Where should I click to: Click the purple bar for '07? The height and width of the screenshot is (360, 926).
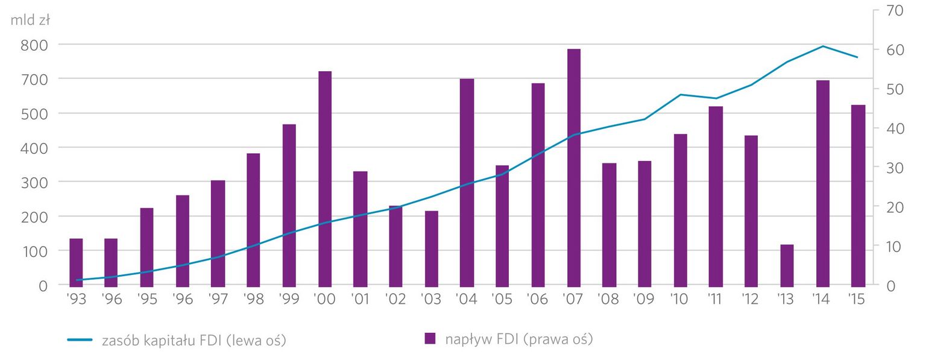pos(573,167)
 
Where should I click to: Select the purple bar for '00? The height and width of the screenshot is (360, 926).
pos(325,178)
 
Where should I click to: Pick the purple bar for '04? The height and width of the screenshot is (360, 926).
pos(467,182)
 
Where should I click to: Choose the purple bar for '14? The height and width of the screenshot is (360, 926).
pos(822,183)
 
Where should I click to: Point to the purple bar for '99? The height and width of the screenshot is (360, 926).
pos(289,204)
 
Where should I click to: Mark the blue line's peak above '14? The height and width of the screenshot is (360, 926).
pos(823,46)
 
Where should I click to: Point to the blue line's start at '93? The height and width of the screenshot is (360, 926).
pos(77,280)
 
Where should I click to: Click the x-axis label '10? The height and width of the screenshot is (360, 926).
pos(680,300)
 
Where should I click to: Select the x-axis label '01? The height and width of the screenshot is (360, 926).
pos(360,300)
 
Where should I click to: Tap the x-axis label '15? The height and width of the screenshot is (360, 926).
pos(858,300)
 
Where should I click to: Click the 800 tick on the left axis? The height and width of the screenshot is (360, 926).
pos(34,45)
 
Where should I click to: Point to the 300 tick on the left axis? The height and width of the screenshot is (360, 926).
pos(34,182)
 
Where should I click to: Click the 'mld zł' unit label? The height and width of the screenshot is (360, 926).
pos(30,20)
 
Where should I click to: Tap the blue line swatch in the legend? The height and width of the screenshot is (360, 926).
pos(79,340)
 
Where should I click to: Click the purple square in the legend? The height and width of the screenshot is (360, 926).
pos(430,339)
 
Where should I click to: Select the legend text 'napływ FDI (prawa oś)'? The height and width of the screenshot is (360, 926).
pos(518,339)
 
